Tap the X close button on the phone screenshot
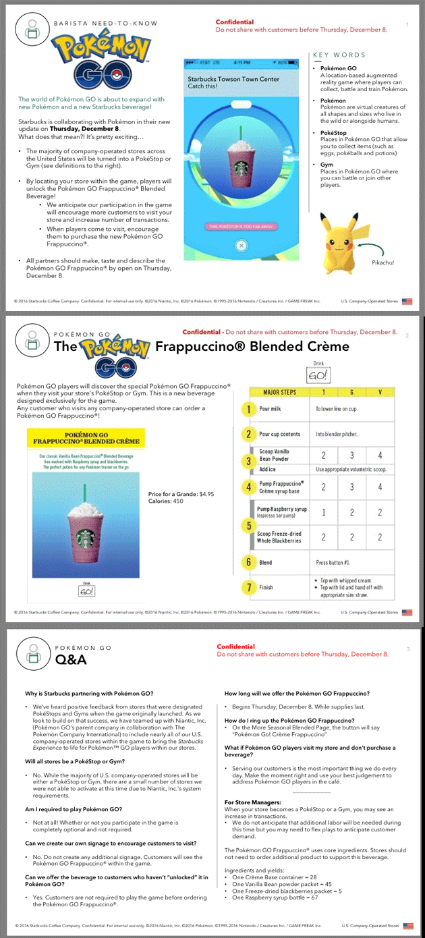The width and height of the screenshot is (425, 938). point(242,246)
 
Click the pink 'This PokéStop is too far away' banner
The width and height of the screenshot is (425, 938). point(242,226)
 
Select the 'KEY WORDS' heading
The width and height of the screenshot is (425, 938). point(339,55)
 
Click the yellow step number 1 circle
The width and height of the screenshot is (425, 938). point(249,409)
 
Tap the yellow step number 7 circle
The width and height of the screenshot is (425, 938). point(249,587)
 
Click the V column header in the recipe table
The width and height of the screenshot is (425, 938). point(380,392)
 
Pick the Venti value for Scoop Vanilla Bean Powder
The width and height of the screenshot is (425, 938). point(380,456)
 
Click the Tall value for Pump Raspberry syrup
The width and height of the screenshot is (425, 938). point(324,512)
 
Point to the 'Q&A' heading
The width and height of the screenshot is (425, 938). point(71,659)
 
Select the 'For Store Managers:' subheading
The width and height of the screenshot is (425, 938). point(252,802)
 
